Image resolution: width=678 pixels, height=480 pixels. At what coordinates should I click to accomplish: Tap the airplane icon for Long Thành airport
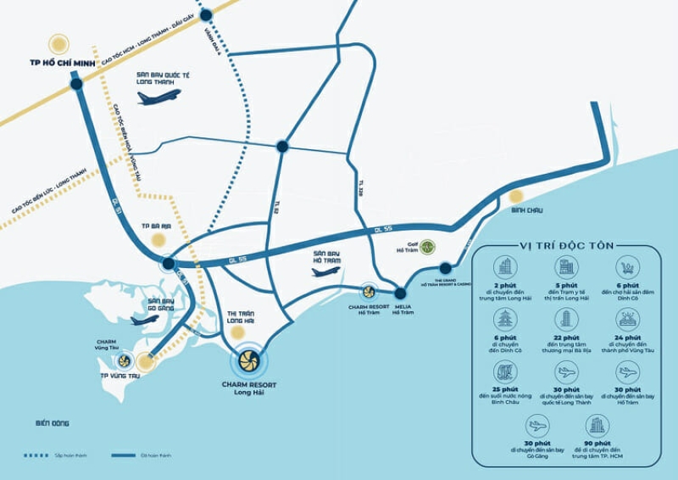pos(158,97)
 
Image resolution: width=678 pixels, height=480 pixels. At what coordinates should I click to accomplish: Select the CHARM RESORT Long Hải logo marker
pos(250,362)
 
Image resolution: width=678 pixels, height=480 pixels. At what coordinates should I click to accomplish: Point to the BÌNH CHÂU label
pos(527,209)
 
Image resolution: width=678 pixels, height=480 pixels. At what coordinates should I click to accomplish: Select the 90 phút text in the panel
pos(597,443)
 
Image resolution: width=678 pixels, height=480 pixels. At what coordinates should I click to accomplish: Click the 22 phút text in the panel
pos(566,338)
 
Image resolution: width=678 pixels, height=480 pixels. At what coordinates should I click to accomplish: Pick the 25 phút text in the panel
pos(505,390)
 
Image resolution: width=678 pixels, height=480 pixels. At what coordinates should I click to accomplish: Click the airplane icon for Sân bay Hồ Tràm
pos(325,271)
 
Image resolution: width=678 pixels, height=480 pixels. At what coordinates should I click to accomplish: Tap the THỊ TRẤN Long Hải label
pos(242,317)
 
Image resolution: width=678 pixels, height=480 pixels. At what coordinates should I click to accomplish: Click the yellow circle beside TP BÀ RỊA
pos(158,241)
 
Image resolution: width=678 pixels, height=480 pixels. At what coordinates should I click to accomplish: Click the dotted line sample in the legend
pos(36,455)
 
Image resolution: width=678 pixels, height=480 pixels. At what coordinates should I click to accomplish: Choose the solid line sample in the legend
pos(124,455)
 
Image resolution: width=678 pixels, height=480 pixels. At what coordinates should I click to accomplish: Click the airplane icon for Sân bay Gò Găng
pos(145,321)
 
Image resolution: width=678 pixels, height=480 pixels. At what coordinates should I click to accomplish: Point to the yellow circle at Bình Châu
pos(515,196)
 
